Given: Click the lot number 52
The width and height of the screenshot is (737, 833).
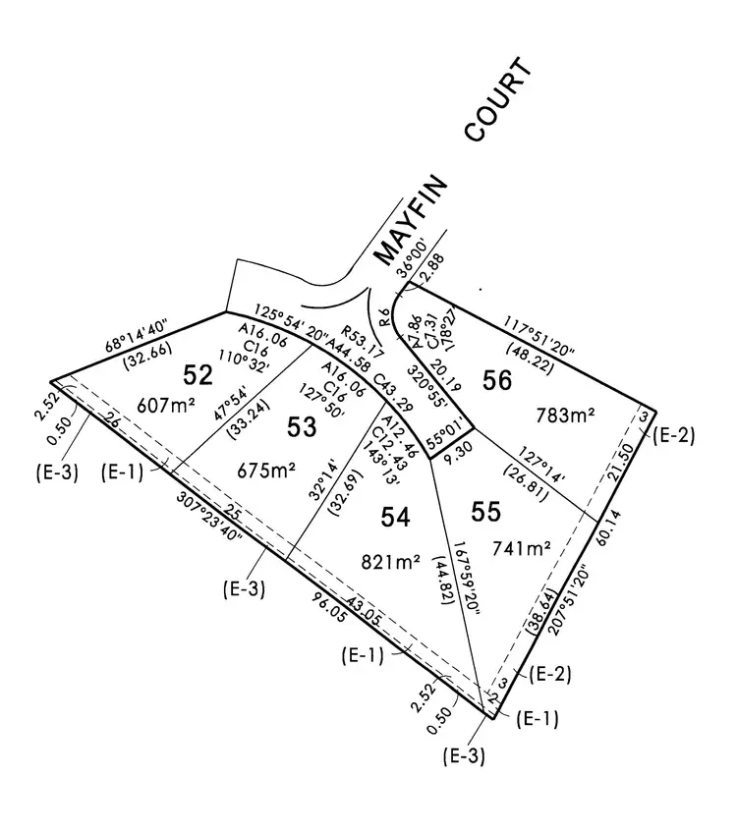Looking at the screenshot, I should (x=198, y=374).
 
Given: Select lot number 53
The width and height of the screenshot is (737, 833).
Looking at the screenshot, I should (x=301, y=425).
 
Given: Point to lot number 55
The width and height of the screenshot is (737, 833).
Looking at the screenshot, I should (x=486, y=512).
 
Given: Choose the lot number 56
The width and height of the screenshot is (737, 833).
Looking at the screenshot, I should (x=497, y=381).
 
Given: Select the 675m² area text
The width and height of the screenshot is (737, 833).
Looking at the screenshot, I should (x=267, y=470).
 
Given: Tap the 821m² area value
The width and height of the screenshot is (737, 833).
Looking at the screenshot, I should (x=392, y=562).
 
